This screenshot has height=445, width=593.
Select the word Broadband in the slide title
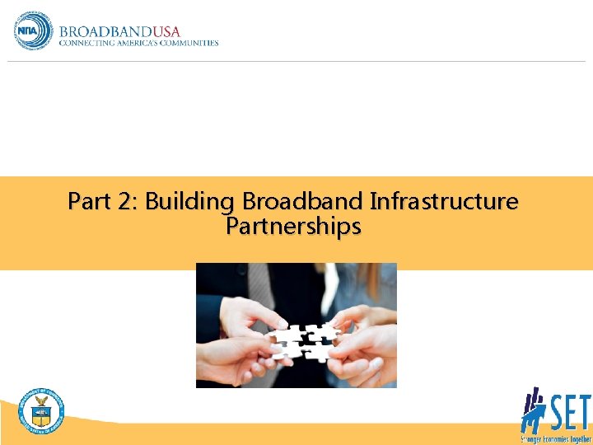coord(302,201)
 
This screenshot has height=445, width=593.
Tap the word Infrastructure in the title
coord(445,201)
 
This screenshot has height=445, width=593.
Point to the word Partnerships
coord(293,226)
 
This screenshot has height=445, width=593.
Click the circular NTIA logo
coord(32,30)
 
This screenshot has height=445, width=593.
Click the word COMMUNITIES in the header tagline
coord(189,43)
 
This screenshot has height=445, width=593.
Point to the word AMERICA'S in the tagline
coord(138,43)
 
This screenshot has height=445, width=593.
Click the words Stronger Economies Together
coord(556,438)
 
